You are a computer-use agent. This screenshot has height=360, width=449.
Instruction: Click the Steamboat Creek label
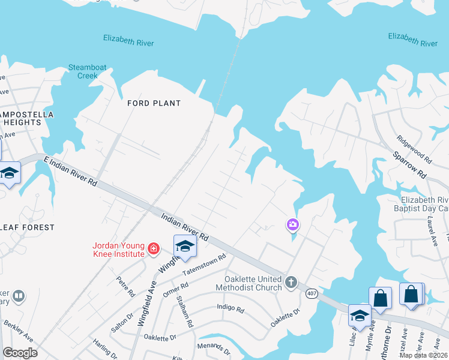(83, 71)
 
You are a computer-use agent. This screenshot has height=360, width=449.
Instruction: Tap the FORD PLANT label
(154, 103)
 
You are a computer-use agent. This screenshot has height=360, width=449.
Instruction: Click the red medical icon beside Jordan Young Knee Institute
(154, 248)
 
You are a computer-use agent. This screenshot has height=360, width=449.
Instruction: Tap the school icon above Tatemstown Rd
(185, 247)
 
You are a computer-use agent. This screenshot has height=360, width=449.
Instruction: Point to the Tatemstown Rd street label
(205, 264)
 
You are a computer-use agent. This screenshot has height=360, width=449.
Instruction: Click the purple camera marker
(293, 225)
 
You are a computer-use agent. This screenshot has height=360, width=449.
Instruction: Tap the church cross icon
(291, 282)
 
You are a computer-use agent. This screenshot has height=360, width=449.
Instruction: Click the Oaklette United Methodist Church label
(253, 283)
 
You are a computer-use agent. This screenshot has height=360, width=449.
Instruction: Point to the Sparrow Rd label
(409, 165)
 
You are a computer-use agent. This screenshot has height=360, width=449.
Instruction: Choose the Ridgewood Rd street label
(414, 149)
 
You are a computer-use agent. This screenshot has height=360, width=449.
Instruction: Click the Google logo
(20, 353)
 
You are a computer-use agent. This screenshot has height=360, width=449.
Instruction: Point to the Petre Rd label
(126, 286)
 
